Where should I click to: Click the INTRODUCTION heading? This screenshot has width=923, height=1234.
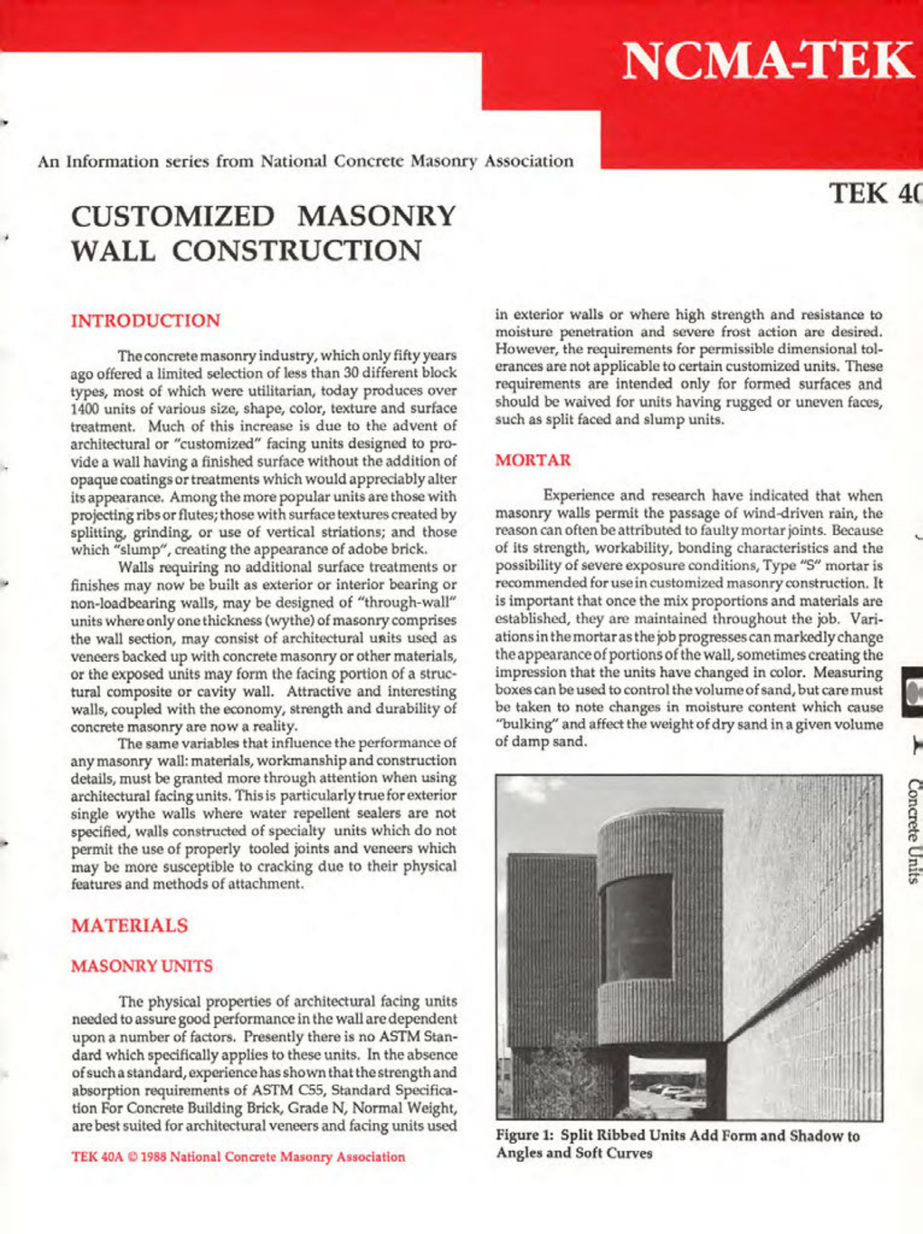(145, 320)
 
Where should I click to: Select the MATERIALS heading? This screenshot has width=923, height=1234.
(129, 925)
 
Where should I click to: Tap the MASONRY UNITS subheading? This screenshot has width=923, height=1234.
(142, 966)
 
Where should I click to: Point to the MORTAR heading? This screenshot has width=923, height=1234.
(533, 460)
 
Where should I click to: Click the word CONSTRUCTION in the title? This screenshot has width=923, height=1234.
(297, 251)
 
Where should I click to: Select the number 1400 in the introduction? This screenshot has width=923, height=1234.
(84, 408)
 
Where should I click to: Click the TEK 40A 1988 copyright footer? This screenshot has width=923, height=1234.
(238, 1157)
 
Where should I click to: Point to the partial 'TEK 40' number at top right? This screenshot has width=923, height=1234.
(875, 193)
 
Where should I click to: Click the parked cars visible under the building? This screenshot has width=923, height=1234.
(669, 1091)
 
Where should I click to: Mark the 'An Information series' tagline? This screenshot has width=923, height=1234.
(306, 161)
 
